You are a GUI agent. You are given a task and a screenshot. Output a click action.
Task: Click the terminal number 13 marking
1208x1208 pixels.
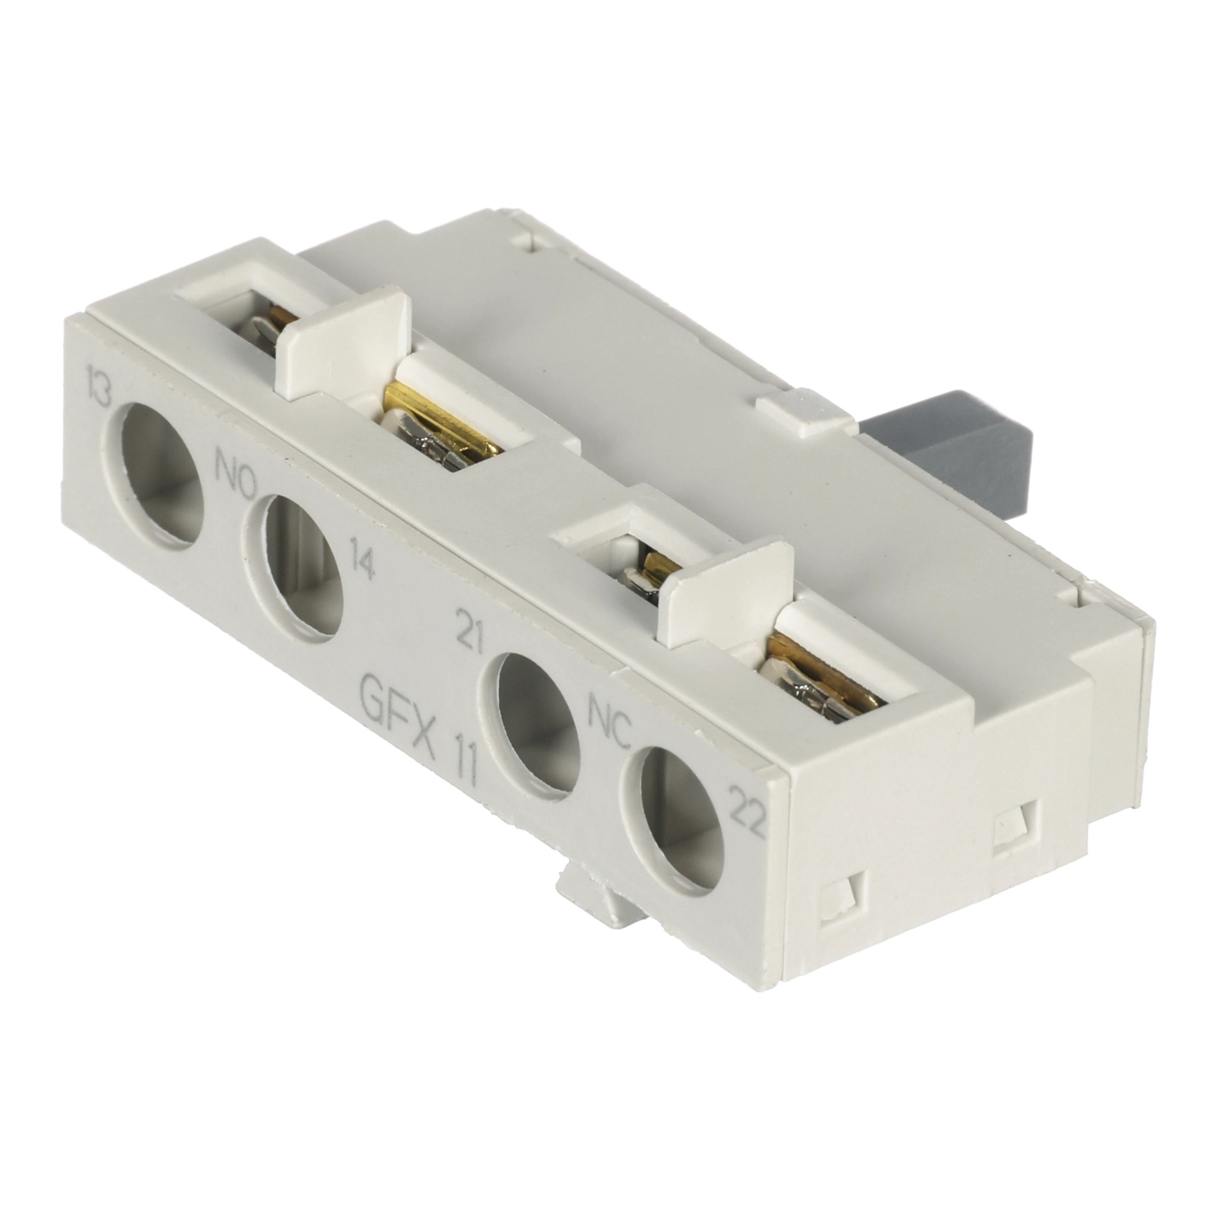pyautogui.click(x=100, y=391)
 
